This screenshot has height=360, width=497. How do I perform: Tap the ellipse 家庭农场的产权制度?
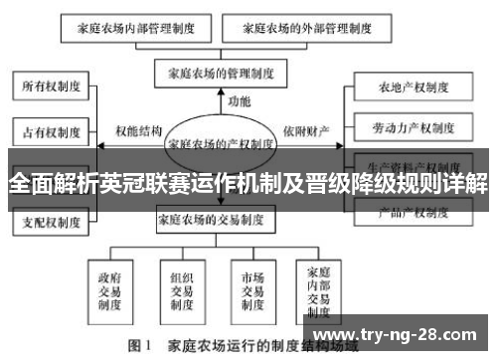tap(222, 142)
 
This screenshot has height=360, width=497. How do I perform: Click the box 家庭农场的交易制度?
tap(216, 221)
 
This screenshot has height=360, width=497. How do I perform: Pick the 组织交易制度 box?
tap(181, 287)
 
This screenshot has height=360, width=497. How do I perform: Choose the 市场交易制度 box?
tap(252, 287)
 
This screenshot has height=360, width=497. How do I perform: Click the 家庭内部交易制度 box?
tap(319, 287)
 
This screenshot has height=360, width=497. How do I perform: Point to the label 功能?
tap(240, 101)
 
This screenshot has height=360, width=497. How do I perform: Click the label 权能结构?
tap(137, 130)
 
